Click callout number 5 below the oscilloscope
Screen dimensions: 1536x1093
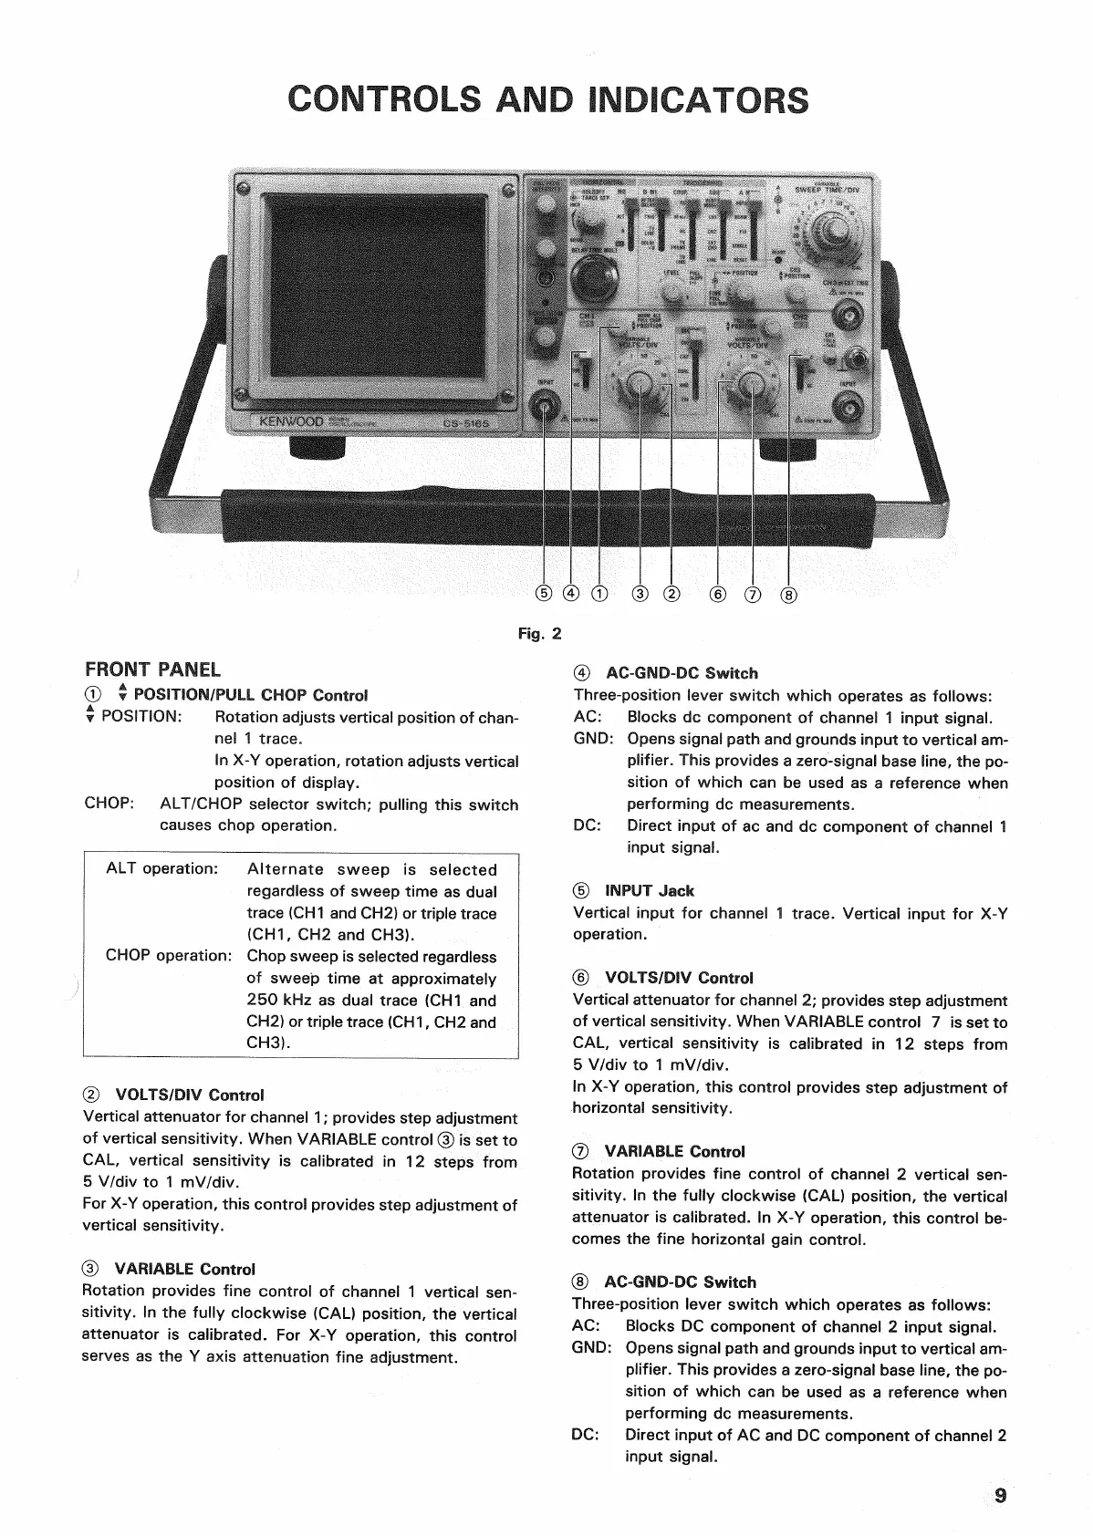tap(545, 594)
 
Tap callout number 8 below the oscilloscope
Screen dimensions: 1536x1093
tap(789, 596)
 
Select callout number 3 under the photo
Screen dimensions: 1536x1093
tap(640, 595)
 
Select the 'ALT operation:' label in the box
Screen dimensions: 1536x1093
tap(162, 868)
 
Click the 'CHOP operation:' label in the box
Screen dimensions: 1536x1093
tap(169, 956)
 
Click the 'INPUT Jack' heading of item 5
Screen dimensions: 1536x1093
tap(650, 890)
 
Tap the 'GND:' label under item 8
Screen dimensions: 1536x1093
tap(591, 1348)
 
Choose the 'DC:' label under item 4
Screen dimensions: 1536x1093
tap(587, 825)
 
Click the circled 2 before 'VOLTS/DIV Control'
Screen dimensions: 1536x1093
tap(91, 1095)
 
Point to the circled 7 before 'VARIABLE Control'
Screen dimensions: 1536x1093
tap(580, 1152)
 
